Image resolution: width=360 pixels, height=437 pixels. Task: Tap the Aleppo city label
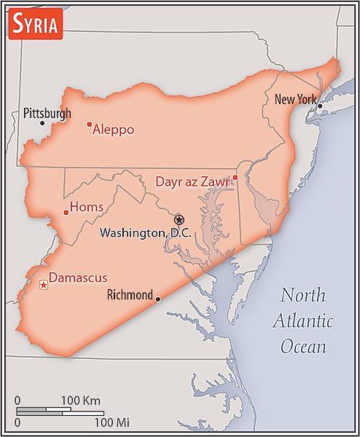tap(113, 130)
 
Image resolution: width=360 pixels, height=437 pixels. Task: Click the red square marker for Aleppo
tap(89, 125)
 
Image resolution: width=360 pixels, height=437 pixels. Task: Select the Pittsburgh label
tap(47, 113)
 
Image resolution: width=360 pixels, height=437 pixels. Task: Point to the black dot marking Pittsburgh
tap(42, 123)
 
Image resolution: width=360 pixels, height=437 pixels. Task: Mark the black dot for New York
tap(319, 106)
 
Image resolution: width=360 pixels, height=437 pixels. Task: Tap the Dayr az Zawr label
tap(192, 181)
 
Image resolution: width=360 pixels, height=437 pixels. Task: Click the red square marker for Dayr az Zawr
tap(235, 177)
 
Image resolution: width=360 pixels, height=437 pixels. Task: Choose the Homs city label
tap(86, 208)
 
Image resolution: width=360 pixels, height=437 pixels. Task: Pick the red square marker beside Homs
tap(66, 213)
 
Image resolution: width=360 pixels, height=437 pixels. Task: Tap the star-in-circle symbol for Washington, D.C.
tap(179, 219)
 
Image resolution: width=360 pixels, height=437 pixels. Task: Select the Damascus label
tap(77, 277)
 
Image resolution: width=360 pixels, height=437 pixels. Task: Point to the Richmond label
tap(130, 296)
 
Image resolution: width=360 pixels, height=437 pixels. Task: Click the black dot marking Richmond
tap(158, 299)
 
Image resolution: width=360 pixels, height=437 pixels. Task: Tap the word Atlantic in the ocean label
tap(302, 320)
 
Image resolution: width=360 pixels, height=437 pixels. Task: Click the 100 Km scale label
tap(80, 401)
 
